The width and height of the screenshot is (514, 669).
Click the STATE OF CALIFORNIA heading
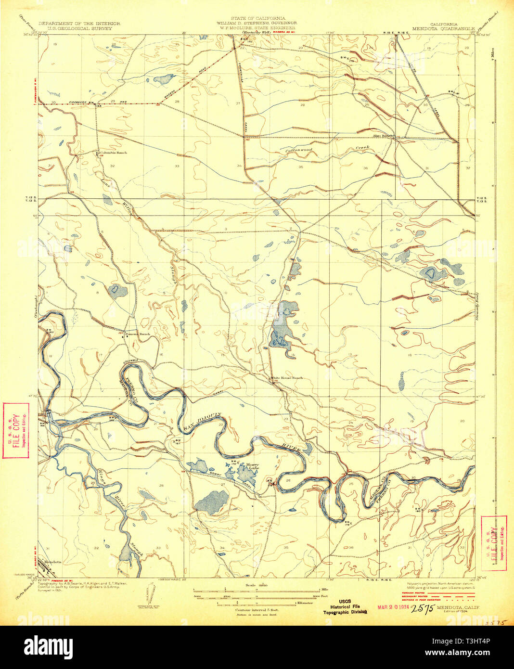pyautogui.click(x=257, y=18)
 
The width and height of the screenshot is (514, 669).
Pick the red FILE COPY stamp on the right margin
pyautogui.click(x=494, y=543)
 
